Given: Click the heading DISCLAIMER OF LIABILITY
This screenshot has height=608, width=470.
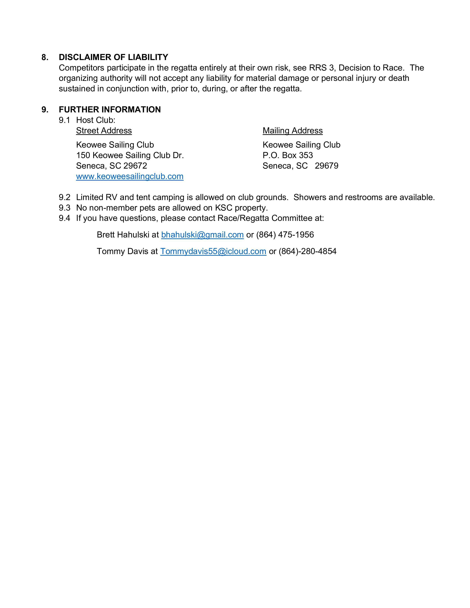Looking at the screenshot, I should tap(113, 57).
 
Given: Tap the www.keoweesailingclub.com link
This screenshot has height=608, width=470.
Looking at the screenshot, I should tap(130, 177).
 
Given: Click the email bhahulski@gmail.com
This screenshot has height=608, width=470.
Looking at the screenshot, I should tap(202, 235).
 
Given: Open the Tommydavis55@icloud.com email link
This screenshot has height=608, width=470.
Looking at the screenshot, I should tap(213, 251).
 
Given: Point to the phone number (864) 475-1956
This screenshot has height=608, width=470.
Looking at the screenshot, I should tap(285, 235).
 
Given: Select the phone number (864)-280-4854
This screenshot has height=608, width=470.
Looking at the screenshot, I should tap(307, 251).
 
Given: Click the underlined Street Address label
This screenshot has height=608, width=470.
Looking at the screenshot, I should tap(104, 131).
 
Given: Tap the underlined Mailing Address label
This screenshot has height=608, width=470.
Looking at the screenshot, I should tap(293, 131).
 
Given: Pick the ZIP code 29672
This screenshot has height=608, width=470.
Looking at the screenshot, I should tap(135, 166).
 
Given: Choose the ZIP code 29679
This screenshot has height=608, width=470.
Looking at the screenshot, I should tap(327, 166).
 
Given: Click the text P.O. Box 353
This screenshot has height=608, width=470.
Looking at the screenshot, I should tap(288, 155).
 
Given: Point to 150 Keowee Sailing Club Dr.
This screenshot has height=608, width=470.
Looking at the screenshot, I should tap(130, 155).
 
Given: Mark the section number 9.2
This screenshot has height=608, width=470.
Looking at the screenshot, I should tap(64, 197).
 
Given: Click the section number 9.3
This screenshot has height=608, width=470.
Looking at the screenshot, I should tap(64, 208).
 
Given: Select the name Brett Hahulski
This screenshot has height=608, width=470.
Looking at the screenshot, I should tap(123, 235).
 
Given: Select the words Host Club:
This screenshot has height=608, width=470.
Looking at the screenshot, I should tap(95, 120).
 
